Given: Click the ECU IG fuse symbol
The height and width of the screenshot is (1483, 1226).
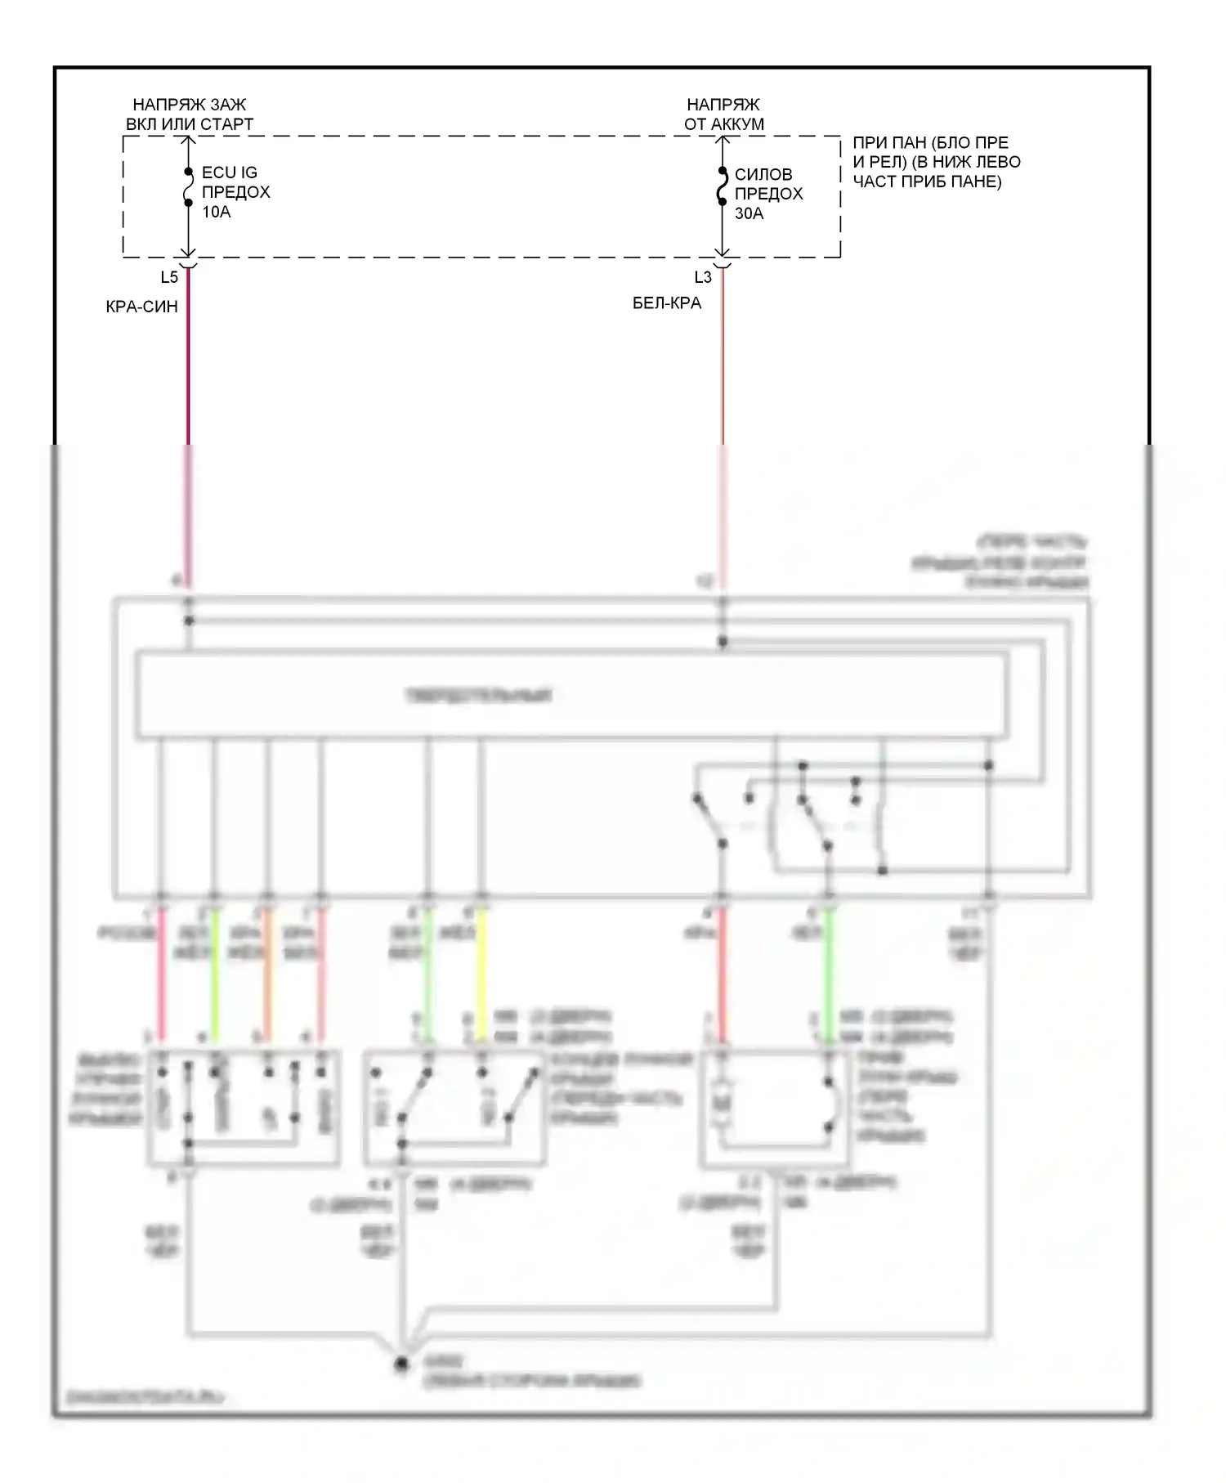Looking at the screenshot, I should [188, 188].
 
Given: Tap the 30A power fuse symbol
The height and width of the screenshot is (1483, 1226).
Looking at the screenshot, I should [723, 187].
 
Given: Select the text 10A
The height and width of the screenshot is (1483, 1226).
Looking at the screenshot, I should [217, 213].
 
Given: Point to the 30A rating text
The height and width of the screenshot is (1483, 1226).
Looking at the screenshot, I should [749, 214].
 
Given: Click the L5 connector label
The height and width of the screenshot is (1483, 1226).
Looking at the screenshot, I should [169, 278].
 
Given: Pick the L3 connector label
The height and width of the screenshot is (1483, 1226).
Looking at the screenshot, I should [703, 278].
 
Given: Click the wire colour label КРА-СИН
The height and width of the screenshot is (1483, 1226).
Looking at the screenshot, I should [142, 307].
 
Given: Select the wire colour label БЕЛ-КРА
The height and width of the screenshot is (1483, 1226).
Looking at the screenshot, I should [667, 304].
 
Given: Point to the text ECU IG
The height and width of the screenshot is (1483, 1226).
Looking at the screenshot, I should [230, 173].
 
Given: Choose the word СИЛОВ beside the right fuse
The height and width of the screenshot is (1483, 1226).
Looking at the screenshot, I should [763, 175].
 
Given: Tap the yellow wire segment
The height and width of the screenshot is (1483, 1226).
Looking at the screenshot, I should [481, 973].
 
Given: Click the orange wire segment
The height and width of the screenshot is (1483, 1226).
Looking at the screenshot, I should [267, 973].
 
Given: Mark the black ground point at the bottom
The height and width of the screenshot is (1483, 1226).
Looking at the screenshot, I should [401, 1364].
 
